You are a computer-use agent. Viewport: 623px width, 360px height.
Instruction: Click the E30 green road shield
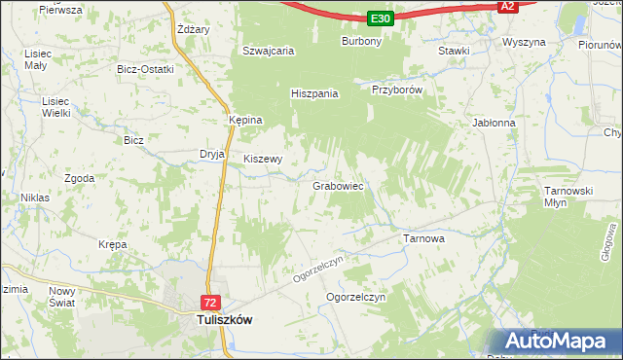[x=381, y=18]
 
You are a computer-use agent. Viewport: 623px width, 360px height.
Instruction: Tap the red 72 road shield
[x=211, y=303]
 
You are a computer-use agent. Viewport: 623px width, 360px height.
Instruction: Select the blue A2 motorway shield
[x=506, y=7]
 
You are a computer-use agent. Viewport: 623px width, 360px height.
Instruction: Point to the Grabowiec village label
[x=338, y=185]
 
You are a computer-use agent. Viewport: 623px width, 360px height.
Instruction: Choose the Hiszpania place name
[x=314, y=93]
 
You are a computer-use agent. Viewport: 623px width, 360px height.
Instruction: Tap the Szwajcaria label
[x=269, y=51]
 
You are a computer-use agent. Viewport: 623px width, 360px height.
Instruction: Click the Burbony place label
[x=360, y=42]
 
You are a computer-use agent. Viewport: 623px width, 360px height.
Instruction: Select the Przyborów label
[x=396, y=89]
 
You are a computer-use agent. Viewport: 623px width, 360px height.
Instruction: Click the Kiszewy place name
[x=263, y=159]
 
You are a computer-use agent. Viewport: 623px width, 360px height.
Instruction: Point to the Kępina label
[x=245, y=120]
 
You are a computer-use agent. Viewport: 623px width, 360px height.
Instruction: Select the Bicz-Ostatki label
[x=144, y=70]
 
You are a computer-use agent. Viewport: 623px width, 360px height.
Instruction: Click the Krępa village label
[x=113, y=245]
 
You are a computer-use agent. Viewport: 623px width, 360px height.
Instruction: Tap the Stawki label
[x=455, y=51]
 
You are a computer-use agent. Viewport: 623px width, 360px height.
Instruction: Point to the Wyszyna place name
[x=523, y=43]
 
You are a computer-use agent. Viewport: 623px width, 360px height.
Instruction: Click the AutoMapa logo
[x=558, y=342]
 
